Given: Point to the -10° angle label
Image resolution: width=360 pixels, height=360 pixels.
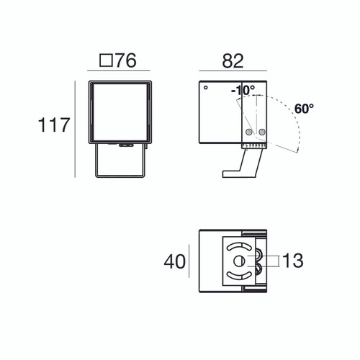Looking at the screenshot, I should point(243,91).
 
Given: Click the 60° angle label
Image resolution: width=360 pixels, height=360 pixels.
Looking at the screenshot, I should point(305,109).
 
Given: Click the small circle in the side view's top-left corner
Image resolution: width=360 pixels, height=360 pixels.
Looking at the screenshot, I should point(205,89).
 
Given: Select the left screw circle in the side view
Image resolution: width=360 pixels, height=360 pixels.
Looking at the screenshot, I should point(249,132).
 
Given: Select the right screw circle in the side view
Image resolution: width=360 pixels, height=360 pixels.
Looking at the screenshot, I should point(262,132).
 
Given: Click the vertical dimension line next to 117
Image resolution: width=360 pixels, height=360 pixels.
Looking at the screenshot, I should point(76,129).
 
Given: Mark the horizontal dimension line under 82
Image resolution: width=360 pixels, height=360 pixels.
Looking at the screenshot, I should point(233,71).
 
